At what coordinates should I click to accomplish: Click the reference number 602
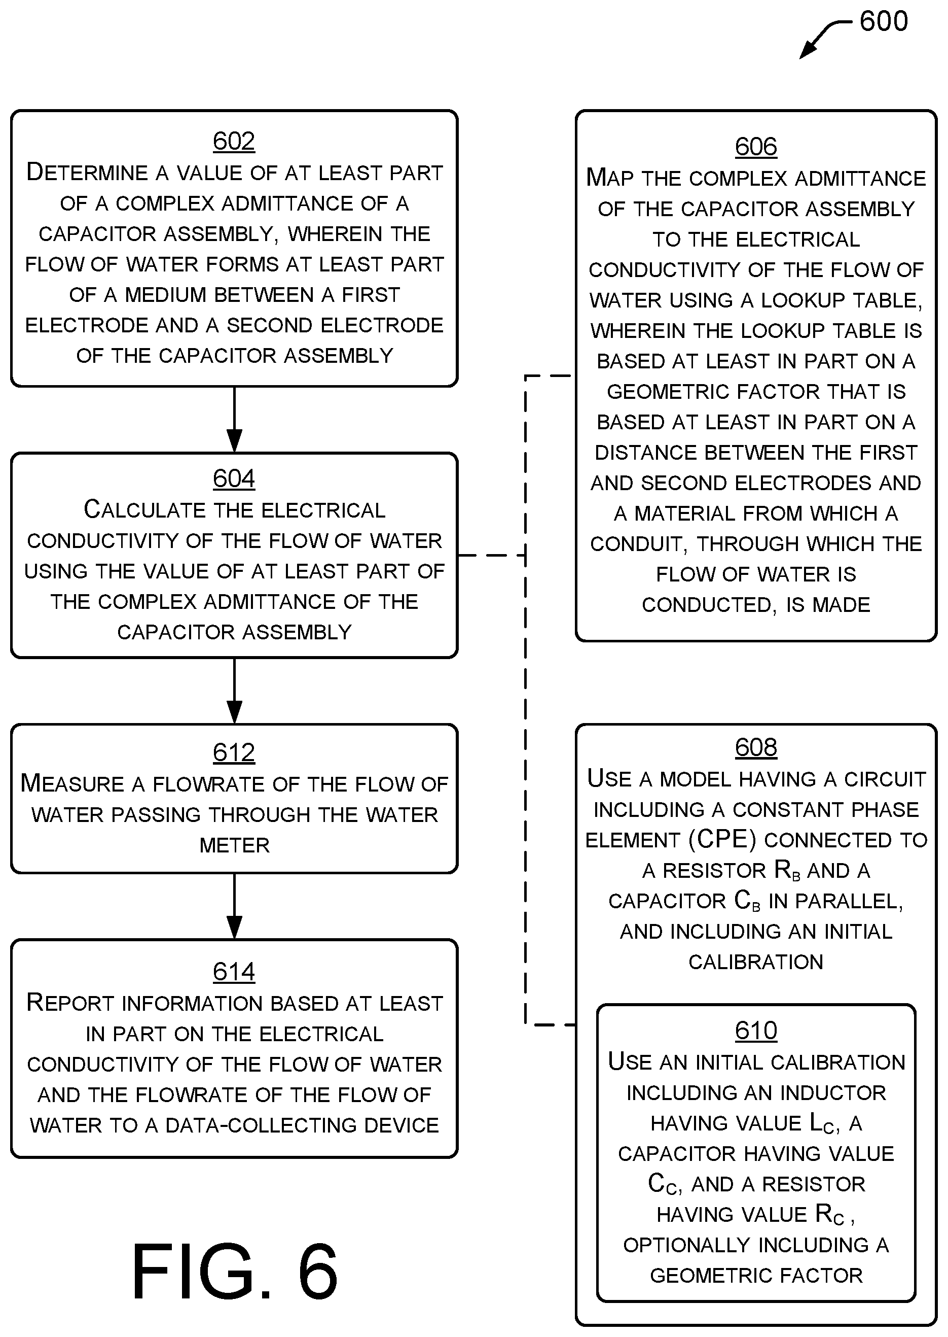[x=234, y=141]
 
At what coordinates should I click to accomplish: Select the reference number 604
[x=234, y=478]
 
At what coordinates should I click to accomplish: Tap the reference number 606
[x=756, y=146]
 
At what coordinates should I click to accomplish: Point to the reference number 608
[x=756, y=747]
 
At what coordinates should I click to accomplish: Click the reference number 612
[x=234, y=752]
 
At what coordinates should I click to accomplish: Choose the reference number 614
[x=234, y=971]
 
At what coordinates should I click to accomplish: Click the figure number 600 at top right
[x=884, y=22]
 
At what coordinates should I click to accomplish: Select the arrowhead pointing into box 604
[x=234, y=441]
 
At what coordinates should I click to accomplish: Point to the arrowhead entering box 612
[x=234, y=712]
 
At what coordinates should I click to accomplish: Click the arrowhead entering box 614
[x=234, y=928]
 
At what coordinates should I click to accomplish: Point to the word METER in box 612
[x=235, y=845]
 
